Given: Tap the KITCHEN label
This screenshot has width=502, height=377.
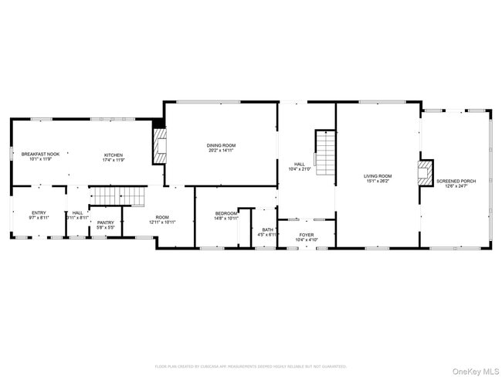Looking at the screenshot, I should tap(114, 155).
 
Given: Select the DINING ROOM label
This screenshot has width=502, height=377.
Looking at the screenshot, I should tap(221, 145).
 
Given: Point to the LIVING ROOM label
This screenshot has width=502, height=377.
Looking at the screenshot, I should tap(378, 176).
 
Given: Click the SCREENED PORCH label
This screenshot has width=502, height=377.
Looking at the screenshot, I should tap(456, 181).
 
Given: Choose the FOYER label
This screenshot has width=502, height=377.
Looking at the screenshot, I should tap(307, 235).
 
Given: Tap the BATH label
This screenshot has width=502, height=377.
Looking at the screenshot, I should tap(267, 229).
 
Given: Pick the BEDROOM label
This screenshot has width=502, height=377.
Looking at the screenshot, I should tap(226, 213).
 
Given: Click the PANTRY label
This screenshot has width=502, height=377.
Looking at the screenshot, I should tap(105, 222).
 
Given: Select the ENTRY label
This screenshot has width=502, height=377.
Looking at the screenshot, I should tap(39, 212).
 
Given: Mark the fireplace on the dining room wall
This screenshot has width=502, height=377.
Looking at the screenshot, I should tap(160, 144).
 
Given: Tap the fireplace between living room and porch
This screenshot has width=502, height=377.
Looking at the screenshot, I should tap(424, 173).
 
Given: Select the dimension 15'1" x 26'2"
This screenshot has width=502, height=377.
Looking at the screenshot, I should tap(378, 182).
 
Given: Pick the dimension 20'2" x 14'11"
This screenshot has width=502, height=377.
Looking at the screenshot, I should tap(221, 150).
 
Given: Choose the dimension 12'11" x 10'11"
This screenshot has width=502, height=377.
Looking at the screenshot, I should tap(162, 222).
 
